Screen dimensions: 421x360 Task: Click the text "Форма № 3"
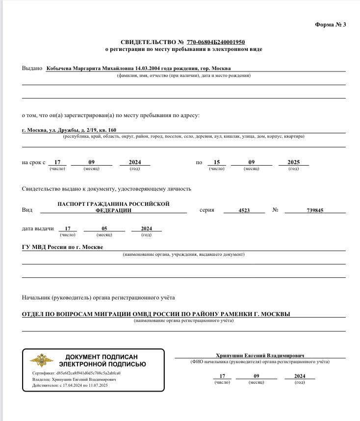pyautogui.click(x=330, y=25)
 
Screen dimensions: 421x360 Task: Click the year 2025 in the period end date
pyautogui.click(x=293, y=163)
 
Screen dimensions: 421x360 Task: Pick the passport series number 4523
pyautogui.click(x=244, y=210)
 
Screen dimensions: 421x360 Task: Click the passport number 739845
pyautogui.click(x=314, y=210)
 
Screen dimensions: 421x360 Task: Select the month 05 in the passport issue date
pyautogui.click(x=104, y=229)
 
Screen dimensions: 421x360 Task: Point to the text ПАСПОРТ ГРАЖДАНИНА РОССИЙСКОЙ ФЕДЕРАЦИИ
pyautogui.click(x=113, y=206)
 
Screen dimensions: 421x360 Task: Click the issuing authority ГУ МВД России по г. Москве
pyautogui.click(x=63, y=247)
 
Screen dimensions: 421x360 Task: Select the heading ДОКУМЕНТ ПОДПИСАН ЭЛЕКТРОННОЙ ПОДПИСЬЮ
pyautogui.click(x=102, y=360)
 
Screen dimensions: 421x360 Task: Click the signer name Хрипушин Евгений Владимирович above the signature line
pyautogui.click(x=260, y=355)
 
